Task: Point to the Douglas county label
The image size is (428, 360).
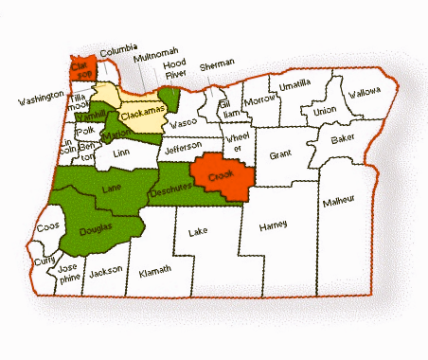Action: tap(96, 228)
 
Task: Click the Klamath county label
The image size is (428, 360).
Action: tap(154, 271)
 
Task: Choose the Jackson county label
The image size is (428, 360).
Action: tap(104, 270)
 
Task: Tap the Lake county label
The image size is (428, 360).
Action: tap(198, 231)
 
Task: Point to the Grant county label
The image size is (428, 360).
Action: tap(280, 154)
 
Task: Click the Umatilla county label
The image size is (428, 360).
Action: tap(294, 83)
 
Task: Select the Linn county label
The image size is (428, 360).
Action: tap(120, 152)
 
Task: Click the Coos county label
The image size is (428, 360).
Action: tap(46, 226)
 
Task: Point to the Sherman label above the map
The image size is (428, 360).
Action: tap(217, 64)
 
